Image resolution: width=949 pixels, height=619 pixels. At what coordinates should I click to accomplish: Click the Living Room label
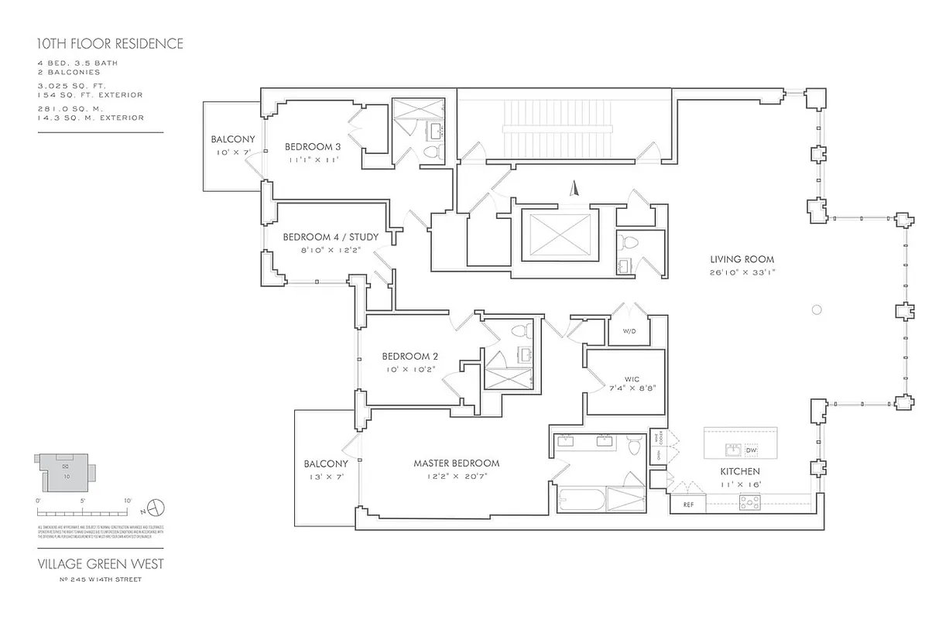click(x=742, y=260)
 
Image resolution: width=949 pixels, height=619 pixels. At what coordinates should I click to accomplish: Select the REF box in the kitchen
click(x=687, y=504)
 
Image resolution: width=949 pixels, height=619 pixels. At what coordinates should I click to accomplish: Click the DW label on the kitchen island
click(x=751, y=450)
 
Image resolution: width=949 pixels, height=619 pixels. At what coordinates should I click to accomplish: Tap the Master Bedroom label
click(x=456, y=463)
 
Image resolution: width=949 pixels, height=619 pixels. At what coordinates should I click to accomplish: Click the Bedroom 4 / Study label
click(x=331, y=237)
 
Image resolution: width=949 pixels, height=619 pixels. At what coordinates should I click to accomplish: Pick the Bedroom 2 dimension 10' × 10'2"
click(x=410, y=369)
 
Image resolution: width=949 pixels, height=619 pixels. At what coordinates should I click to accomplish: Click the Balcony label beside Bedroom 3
click(x=232, y=139)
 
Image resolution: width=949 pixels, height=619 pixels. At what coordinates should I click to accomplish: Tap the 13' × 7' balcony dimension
click(x=324, y=477)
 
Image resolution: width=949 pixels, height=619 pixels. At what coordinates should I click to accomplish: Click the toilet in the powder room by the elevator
click(x=629, y=242)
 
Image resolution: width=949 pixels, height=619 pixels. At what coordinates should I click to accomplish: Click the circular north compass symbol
click(x=156, y=508)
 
